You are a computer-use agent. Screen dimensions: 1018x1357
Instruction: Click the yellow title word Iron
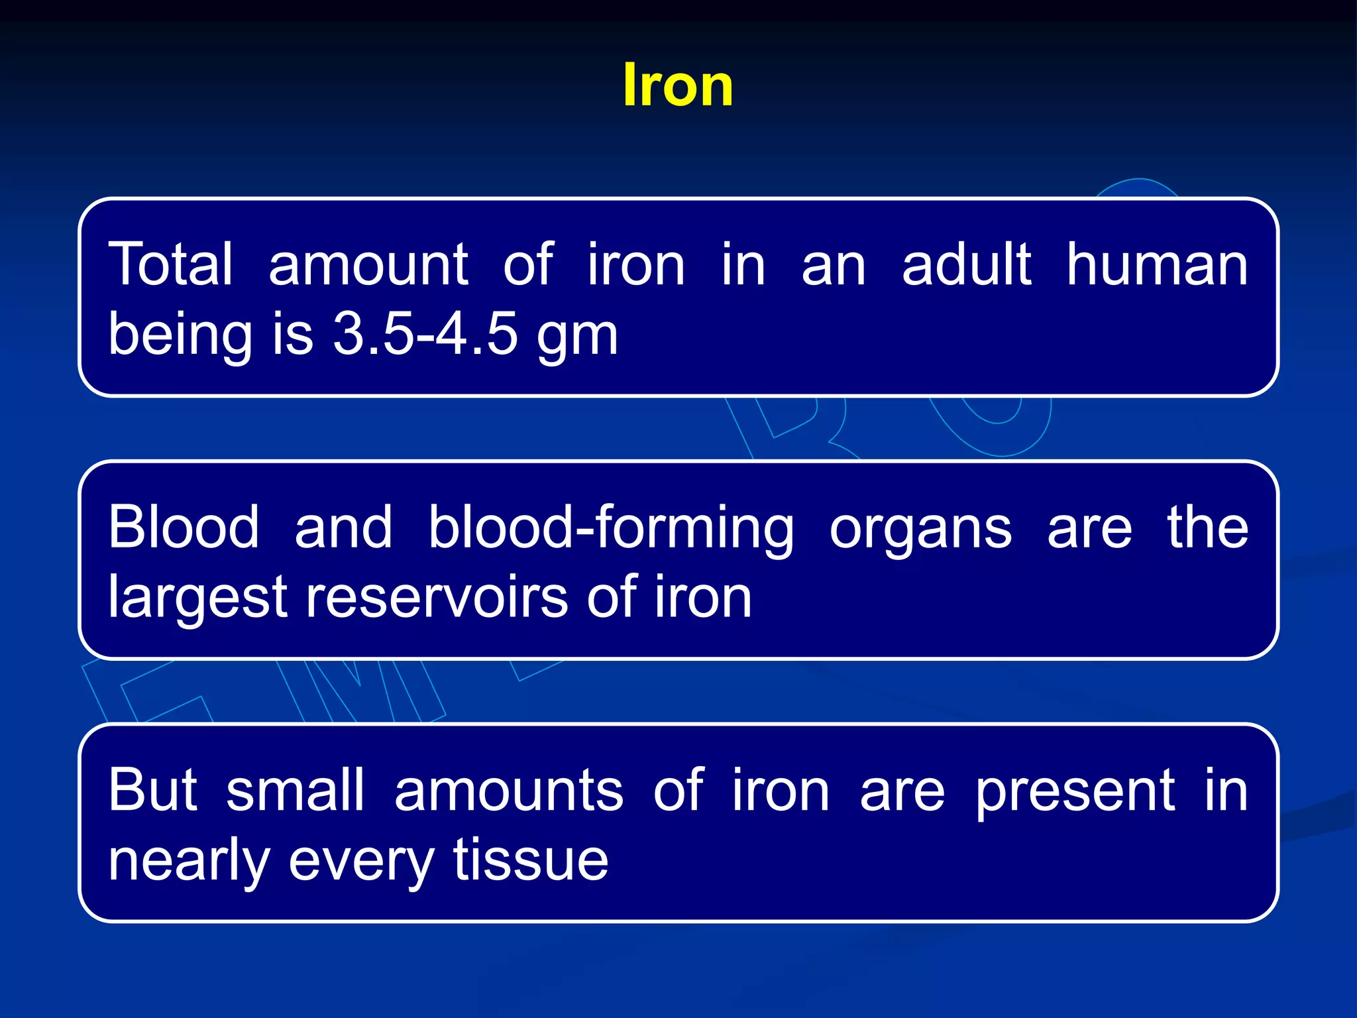point(678,85)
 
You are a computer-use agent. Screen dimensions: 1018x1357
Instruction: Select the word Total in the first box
point(171,264)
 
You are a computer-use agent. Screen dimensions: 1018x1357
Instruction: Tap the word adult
point(966,264)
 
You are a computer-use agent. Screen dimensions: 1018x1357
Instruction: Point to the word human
point(1157,264)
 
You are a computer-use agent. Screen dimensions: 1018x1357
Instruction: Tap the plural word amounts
point(509,791)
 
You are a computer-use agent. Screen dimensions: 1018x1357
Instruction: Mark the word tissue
point(531,860)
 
